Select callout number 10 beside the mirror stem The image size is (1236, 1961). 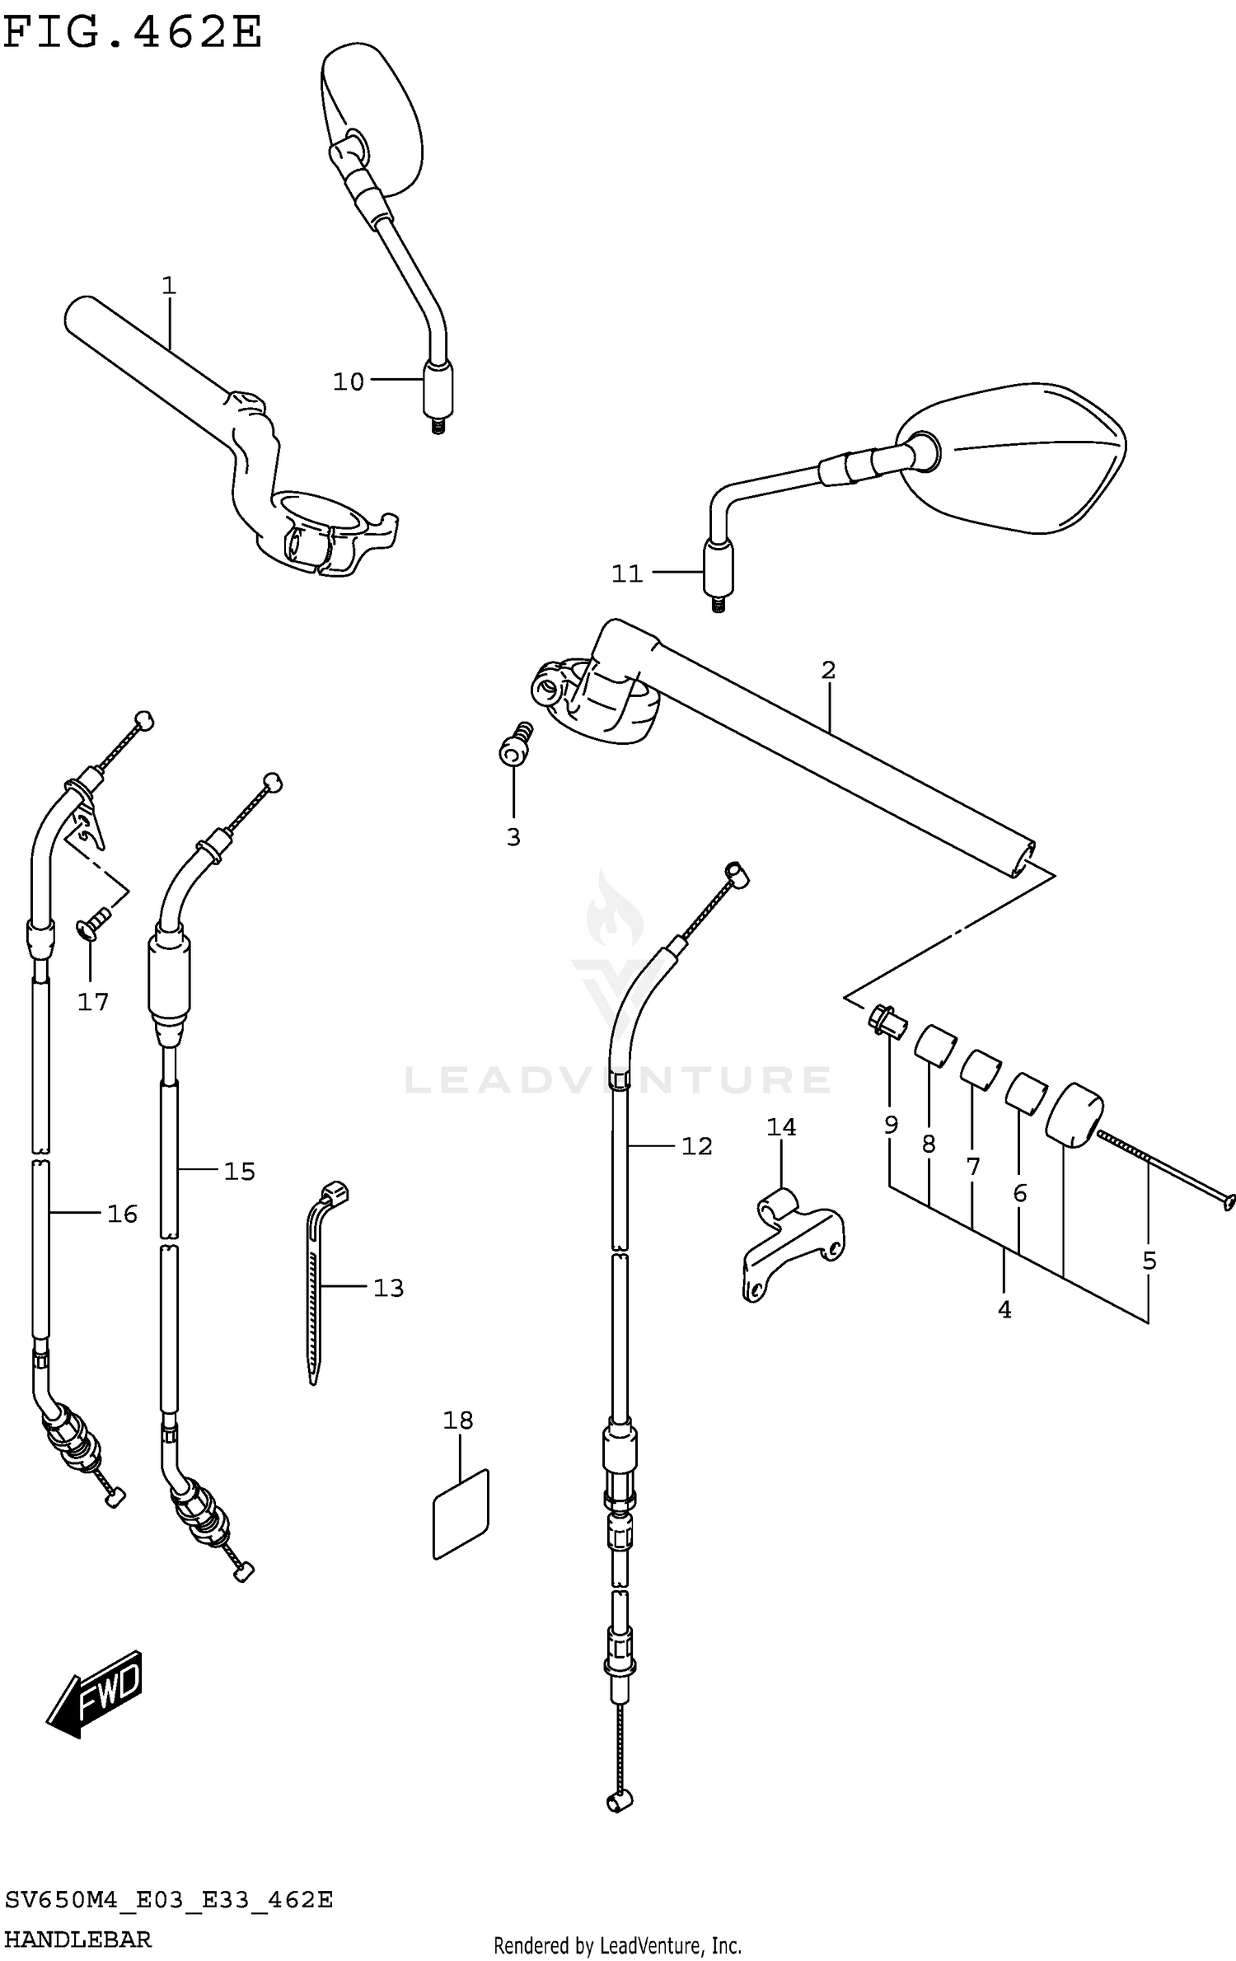[348, 381]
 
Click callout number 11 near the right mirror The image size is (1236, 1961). [626, 573]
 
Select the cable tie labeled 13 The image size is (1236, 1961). [317, 1285]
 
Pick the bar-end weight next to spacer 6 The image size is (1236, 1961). [1074, 1113]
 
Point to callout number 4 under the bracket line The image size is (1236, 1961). [1004, 1309]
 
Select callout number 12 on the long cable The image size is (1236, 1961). [696, 1146]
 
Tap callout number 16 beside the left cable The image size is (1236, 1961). [122, 1214]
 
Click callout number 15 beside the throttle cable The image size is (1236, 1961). [240, 1171]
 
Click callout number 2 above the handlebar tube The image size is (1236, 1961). [828, 670]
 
